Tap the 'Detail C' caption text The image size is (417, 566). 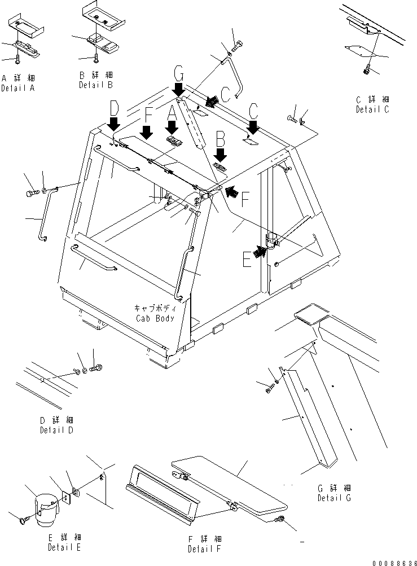(372, 109)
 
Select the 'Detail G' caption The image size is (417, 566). (334, 497)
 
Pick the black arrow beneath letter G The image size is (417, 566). (179, 88)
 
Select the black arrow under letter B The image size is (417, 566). (220, 154)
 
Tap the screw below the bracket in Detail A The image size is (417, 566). (17, 58)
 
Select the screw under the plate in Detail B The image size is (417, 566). (96, 57)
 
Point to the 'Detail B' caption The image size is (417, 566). (95, 85)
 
